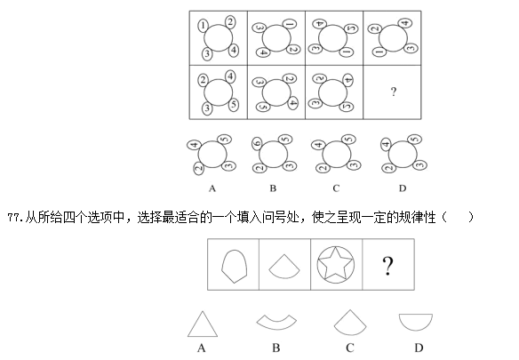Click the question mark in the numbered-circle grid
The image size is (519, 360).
393,92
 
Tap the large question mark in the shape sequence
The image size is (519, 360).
388,266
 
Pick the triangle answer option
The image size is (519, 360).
203,324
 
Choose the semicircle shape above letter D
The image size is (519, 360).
416,322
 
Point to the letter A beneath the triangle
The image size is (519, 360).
202,348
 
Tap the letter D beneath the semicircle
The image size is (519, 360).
419,348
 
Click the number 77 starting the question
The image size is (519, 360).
13,218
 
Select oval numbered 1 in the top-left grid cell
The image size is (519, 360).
203,25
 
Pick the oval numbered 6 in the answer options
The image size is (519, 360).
257,143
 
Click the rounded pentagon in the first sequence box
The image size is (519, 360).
235,267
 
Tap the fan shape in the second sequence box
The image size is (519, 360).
284,267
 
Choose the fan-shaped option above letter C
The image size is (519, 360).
350,323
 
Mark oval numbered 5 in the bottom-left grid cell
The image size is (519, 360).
234,104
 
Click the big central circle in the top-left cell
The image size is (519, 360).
219,37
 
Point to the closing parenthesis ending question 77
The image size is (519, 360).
471,218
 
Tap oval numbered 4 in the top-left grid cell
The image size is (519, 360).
234,50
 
